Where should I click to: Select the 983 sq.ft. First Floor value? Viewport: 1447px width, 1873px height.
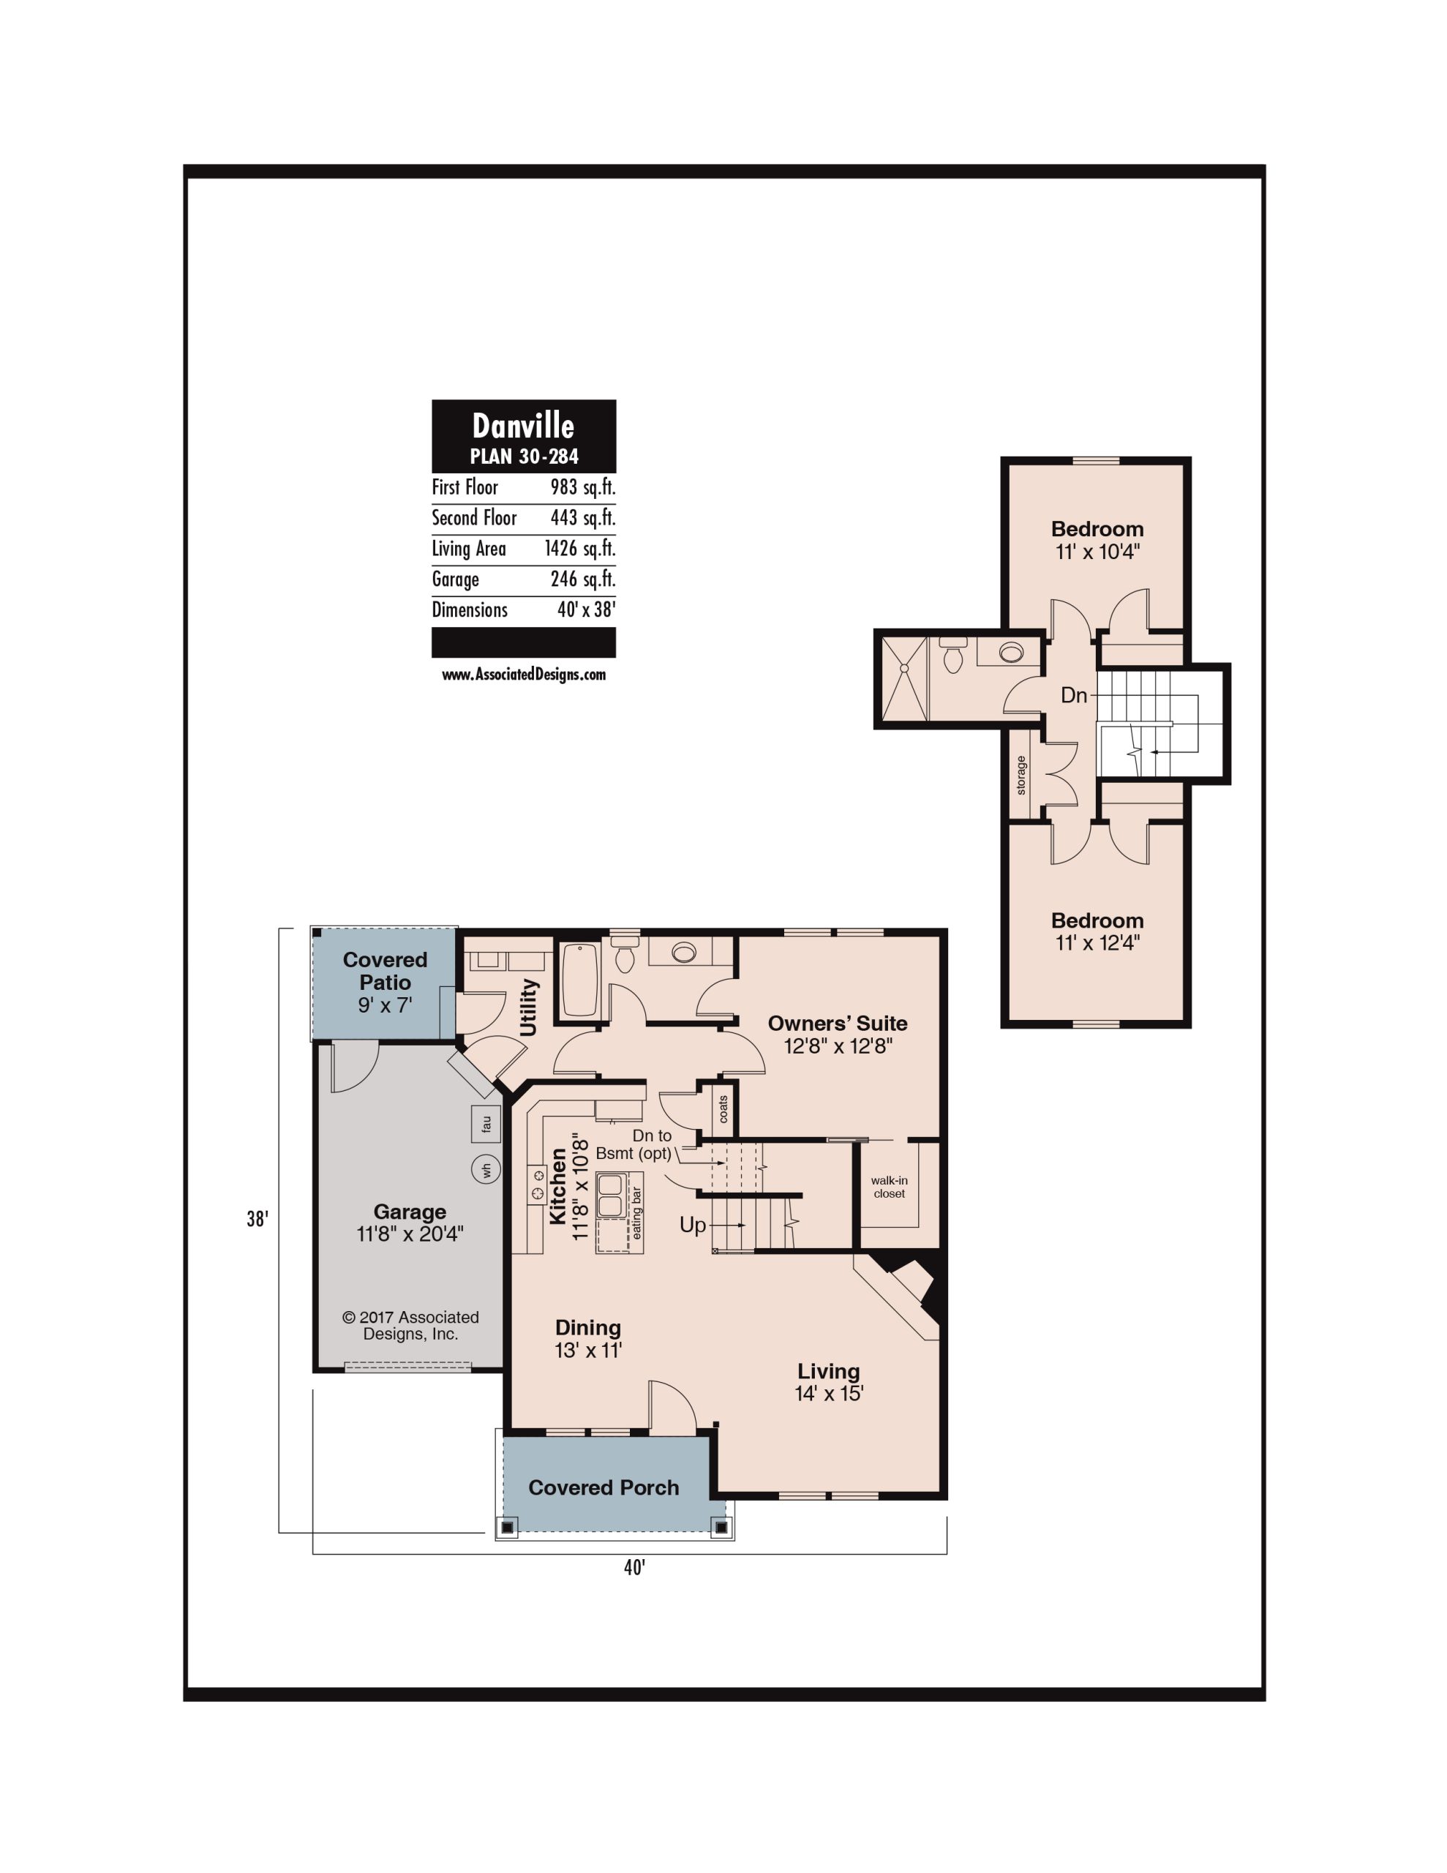[x=582, y=487]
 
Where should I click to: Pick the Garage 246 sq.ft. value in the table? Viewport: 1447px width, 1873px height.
[x=582, y=579]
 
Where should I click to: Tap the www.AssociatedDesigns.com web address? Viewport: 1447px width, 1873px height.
[x=523, y=674]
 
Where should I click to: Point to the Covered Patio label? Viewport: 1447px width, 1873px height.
[x=385, y=971]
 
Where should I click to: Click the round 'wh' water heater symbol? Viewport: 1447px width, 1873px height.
[x=486, y=1169]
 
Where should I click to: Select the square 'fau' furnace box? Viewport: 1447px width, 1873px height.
[x=486, y=1125]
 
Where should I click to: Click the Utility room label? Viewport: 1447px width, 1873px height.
[x=528, y=1007]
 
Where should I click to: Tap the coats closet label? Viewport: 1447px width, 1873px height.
[x=723, y=1109]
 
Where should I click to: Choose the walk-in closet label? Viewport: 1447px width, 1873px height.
[x=890, y=1187]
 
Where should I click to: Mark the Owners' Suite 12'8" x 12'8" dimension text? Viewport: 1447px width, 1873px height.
[x=838, y=1046]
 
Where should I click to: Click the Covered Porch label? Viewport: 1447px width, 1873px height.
[x=604, y=1487]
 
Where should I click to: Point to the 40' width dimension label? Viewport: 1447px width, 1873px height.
[x=635, y=1568]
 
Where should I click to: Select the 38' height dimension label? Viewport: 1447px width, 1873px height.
[x=258, y=1219]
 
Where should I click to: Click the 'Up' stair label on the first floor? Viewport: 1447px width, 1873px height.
[x=693, y=1225]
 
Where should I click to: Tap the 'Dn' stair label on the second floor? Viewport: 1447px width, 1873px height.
[x=1074, y=694]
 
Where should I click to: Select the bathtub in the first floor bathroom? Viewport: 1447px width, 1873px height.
[x=581, y=980]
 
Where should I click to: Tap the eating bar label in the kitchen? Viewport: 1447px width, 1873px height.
[x=636, y=1212]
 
